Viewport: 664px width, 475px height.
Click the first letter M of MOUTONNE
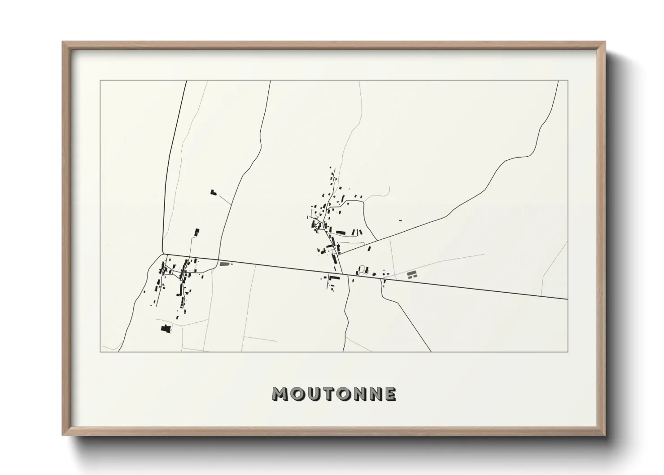(280, 394)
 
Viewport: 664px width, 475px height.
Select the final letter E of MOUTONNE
(390, 394)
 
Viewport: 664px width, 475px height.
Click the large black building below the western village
(166, 329)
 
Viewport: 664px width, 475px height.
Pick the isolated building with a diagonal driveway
(213, 192)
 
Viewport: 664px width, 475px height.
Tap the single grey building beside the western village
(224, 264)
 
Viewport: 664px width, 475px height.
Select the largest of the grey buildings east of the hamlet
(412, 274)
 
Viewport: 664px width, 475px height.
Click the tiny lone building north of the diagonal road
(400, 220)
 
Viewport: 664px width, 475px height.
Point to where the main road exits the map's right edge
(567, 299)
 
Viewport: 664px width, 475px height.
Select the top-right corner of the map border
(568, 81)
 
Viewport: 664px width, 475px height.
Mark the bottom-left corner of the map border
(100, 352)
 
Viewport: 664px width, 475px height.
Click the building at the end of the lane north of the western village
(197, 232)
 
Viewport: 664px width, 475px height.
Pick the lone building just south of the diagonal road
(369, 248)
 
